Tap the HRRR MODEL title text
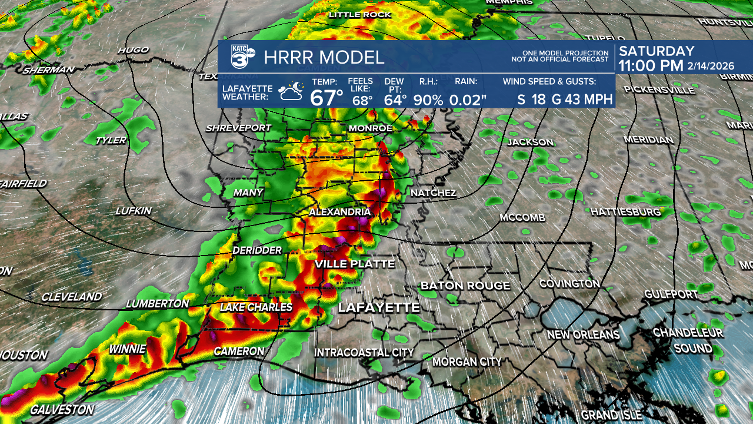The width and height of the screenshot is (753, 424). (x=324, y=58)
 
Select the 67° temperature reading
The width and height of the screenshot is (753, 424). (x=326, y=97)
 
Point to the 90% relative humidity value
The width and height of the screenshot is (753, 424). (x=428, y=100)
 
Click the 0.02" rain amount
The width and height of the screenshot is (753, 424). (x=468, y=100)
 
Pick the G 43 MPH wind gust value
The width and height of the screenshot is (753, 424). (x=582, y=99)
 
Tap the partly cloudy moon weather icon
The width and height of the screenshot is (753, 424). (x=291, y=92)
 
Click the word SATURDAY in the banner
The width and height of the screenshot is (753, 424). (x=657, y=51)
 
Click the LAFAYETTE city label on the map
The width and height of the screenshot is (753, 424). (x=379, y=307)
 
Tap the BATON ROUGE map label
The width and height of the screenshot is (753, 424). (x=465, y=286)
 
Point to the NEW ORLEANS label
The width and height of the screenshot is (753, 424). (x=583, y=334)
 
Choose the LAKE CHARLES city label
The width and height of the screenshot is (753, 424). (x=256, y=307)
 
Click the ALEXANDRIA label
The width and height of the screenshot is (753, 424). (x=339, y=212)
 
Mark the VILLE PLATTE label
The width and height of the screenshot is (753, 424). (x=354, y=264)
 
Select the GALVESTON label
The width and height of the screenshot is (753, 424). (x=62, y=409)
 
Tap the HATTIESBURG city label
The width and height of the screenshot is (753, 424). (x=625, y=211)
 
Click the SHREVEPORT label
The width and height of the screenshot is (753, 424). (x=238, y=128)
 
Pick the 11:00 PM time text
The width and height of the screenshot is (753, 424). (x=651, y=66)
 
